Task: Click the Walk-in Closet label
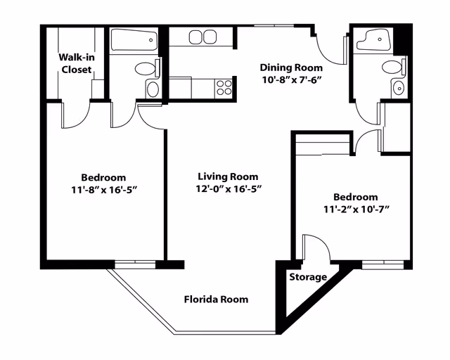tap(77, 63)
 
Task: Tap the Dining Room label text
tap(291, 67)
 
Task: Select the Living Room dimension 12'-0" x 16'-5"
tap(229, 189)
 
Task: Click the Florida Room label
tap(216, 300)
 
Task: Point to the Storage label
tap(308, 277)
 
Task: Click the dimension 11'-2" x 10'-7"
tap(356, 210)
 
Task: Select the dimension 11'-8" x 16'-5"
tap(103, 190)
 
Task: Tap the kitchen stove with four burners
tap(224, 88)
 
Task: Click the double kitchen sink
tap(202, 37)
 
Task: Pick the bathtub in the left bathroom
tap(134, 39)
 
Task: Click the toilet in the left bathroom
tap(147, 68)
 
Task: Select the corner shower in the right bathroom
tap(374, 40)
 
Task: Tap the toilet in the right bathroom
tap(394, 67)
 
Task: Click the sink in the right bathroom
tap(399, 88)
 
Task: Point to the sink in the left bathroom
tap(153, 89)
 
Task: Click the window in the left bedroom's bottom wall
tap(135, 264)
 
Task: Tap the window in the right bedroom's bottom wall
tap(382, 264)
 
